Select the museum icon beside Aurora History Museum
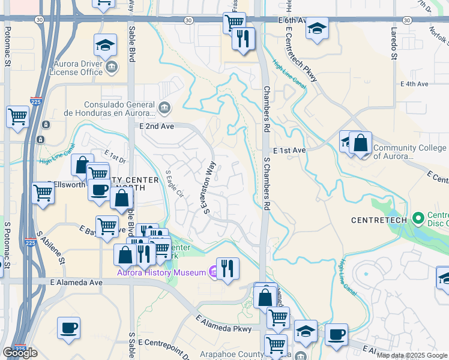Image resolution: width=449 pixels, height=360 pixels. [x=213, y=272]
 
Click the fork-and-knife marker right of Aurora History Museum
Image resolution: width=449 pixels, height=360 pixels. [x=228, y=268]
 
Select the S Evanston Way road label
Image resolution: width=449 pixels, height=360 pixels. [x=208, y=190]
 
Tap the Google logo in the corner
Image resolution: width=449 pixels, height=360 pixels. [x=19, y=353]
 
